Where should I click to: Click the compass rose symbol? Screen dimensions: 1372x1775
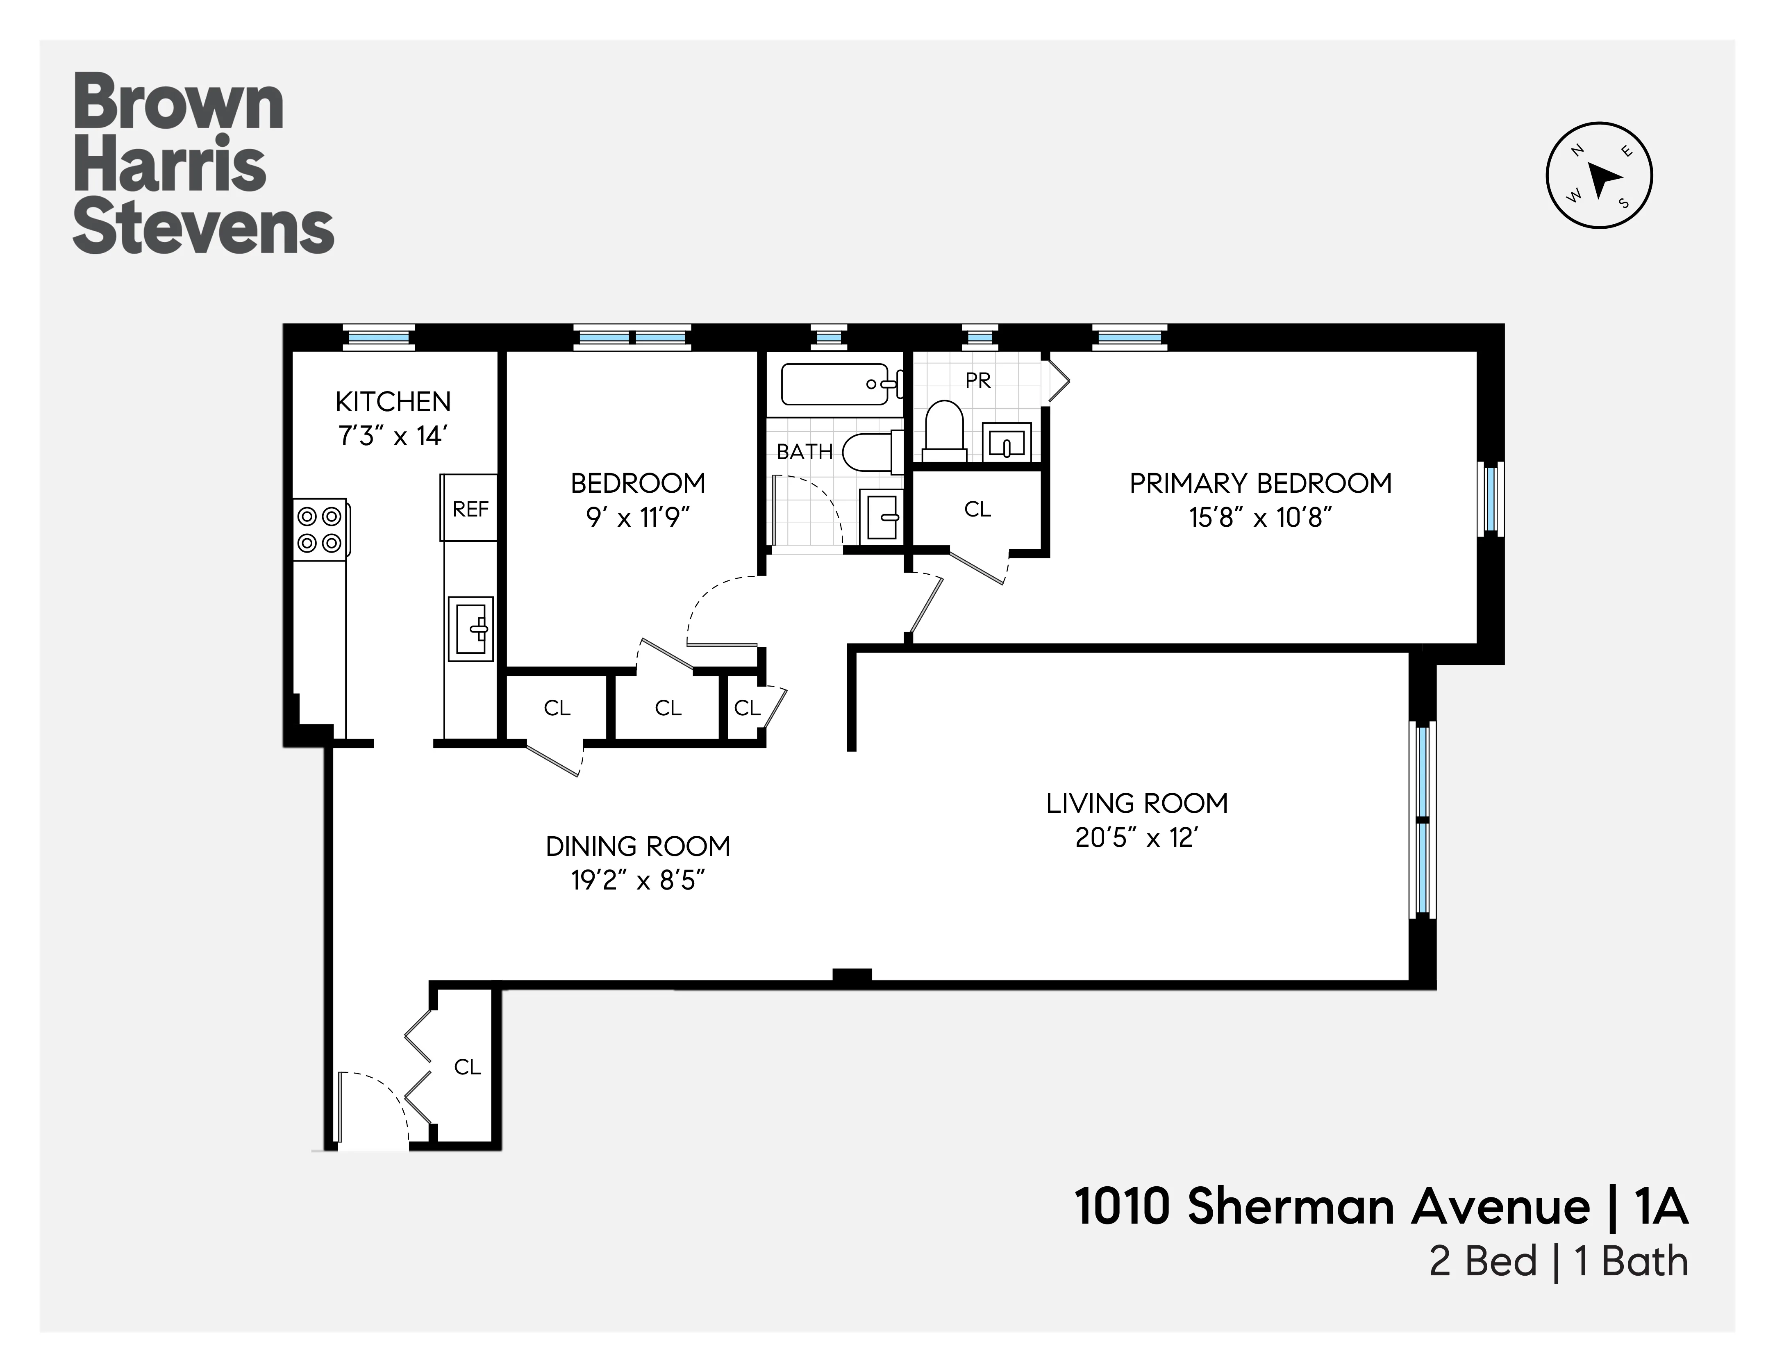pyautogui.click(x=1599, y=175)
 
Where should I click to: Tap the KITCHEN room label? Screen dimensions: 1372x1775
pyautogui.click(x=393, y=402)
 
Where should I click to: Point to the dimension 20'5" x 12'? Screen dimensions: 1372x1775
pyautogui.click(x=1136, y=838)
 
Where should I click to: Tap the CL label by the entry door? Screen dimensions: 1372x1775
pyautogui.click(x=467, y=1066)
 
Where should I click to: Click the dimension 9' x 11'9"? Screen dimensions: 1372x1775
pyautogui.click(x=638, y=518)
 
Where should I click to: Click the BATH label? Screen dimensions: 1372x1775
pyautogui.click(x=805, y=452)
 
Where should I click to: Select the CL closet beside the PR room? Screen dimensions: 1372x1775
pyautogui.click(x=977, y=509)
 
